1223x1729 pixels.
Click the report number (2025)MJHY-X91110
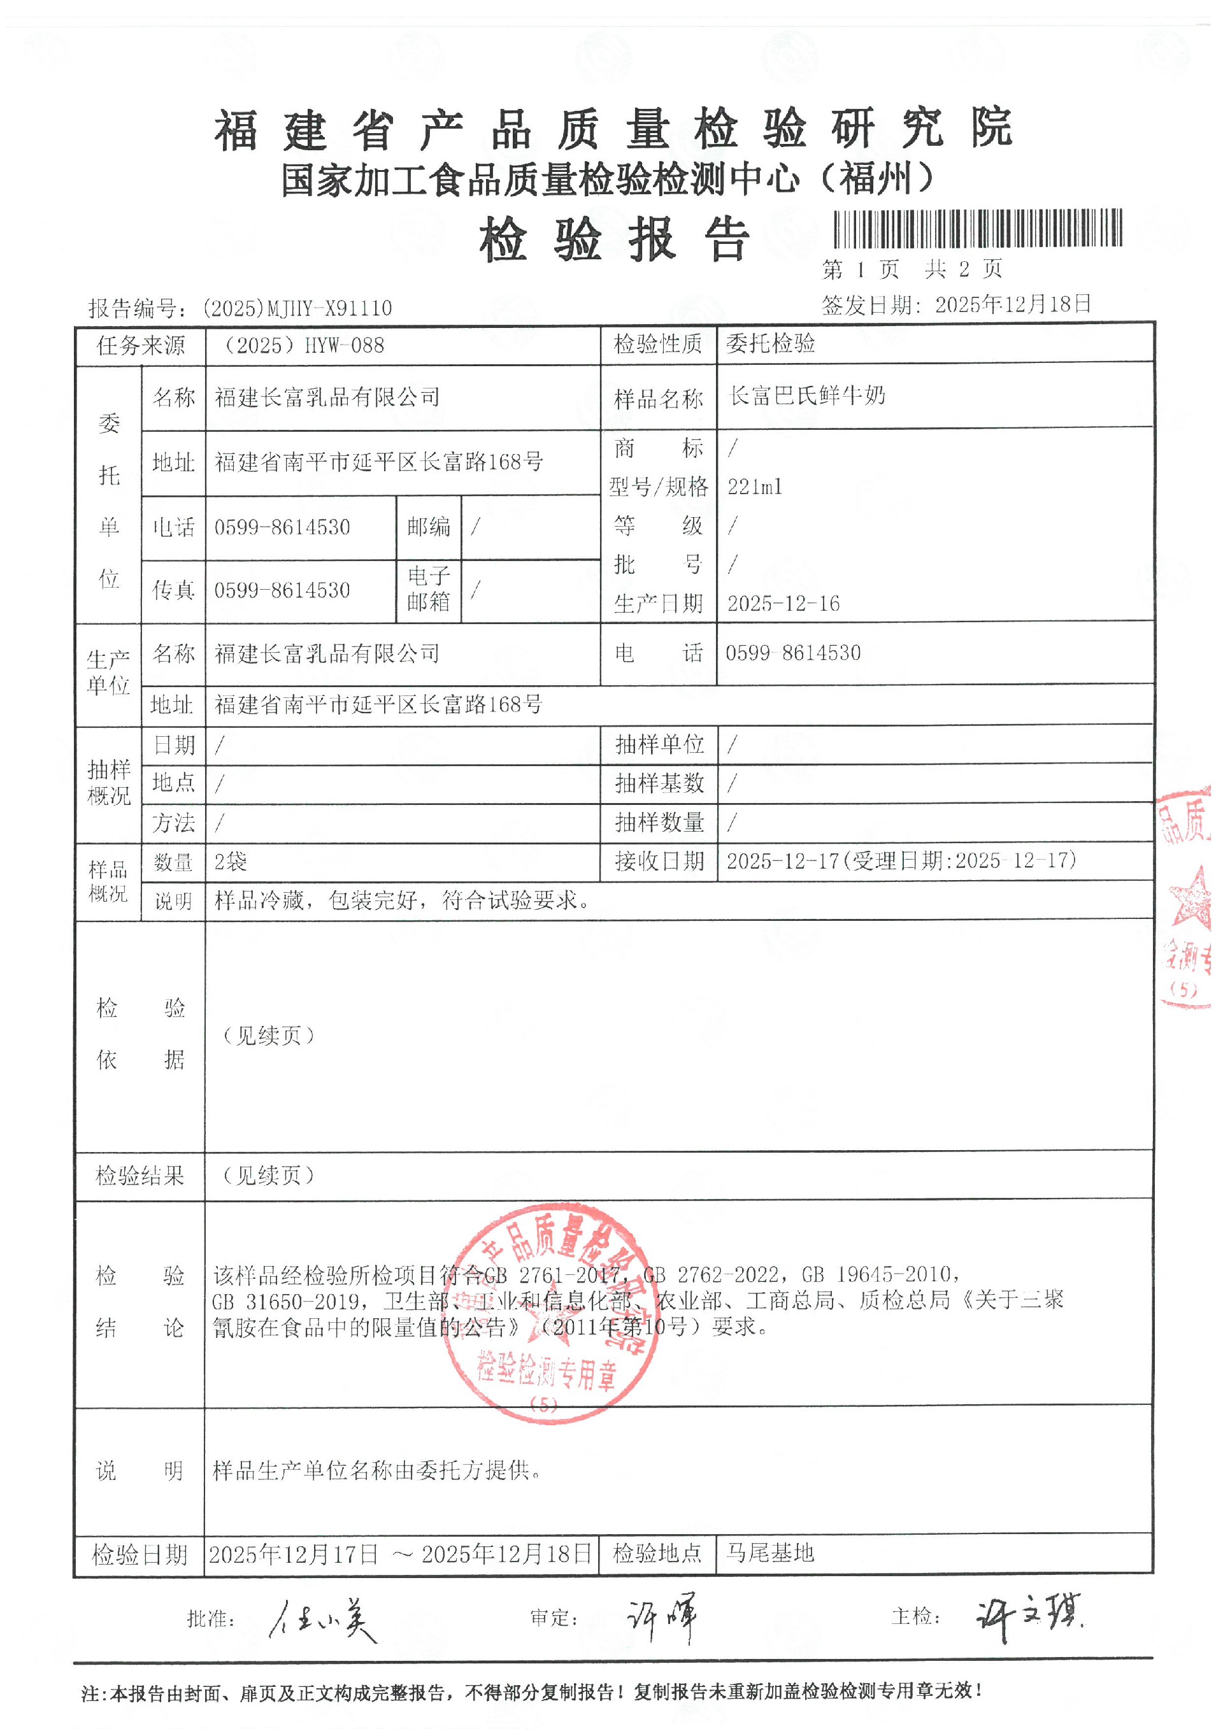click(x=297, y=308)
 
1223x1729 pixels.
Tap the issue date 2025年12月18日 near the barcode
click(x=1013, y=304)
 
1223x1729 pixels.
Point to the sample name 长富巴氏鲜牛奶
click(x=807, y=395)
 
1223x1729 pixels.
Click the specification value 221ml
click(x=755, y=487)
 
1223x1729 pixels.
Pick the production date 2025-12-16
click(x=783, y=604)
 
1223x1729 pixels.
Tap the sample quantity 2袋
click(x=231, y=862)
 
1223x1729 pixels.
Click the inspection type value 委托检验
click(x=770, y=344)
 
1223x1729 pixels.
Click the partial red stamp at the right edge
click(x=1190, y=896)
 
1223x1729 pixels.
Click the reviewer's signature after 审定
click(x=662, y=1618)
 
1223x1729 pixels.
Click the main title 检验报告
click(x=615, y=239)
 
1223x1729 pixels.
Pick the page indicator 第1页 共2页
click(x=912, y=269)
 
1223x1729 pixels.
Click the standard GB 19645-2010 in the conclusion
click(x=880, y=1274)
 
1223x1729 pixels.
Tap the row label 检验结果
click(x=139, y=1176)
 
